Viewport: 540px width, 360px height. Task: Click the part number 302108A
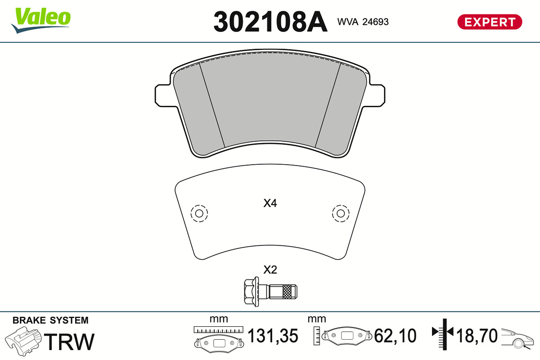(270, 22)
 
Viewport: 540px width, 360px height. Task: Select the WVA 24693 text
(363, 22)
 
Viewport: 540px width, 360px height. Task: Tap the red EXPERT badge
(489, 22)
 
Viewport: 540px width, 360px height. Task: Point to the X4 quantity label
(270, 203)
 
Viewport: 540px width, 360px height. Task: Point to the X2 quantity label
(270, 270)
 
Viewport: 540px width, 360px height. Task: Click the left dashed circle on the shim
(199, 213)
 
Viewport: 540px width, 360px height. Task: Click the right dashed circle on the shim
(341, 213)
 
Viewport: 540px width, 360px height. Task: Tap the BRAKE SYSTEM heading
(50, 320)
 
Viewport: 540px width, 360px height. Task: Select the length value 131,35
(273, 336)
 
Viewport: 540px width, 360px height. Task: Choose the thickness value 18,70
(477, 336)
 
